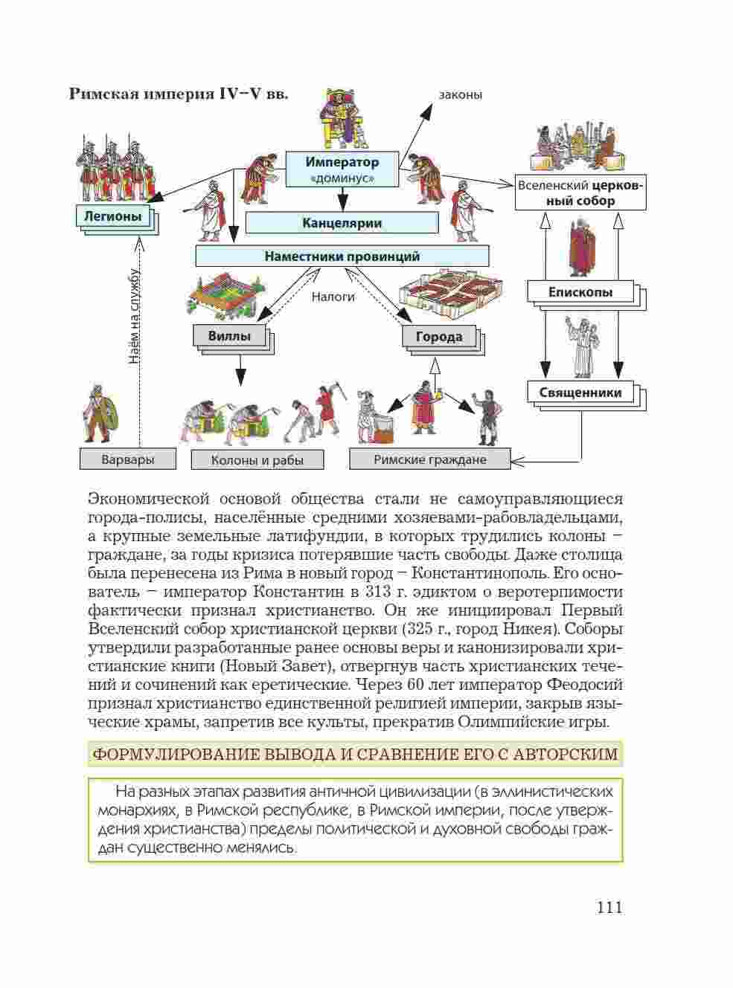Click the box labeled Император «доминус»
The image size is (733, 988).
coord(342,169)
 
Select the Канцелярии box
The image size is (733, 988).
coord(342,223)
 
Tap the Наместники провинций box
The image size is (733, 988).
coord(342,256)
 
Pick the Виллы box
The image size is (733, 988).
coord(228,336)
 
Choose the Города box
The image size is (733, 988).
coord(438,337)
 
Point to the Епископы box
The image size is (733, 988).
coord(580,292)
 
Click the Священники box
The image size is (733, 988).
coord(580,392)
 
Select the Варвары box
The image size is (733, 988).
coord(127,459)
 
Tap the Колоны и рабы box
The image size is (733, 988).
coord(257,460)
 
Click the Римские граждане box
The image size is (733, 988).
coord(429,459)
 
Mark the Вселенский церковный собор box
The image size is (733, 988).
coord(580,193)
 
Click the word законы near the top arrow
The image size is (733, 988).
coord(460,95)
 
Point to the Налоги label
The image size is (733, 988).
coord(333,297)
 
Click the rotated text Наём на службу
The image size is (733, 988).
coord(134,315)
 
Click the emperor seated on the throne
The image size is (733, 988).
coord(343,119)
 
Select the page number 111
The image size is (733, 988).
coord(609,907)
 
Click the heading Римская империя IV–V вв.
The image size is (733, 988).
coord(179,94)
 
